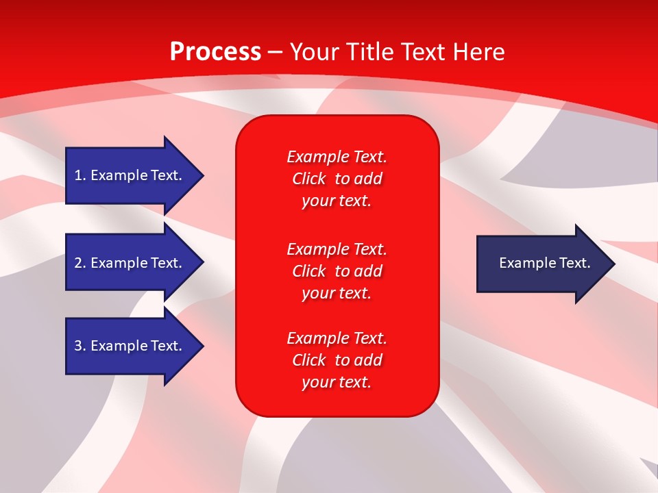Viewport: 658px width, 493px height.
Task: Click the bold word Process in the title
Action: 215,52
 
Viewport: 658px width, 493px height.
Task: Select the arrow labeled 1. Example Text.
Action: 128,175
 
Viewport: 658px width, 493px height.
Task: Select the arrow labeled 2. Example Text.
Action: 128,263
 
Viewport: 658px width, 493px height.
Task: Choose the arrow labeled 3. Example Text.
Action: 128,346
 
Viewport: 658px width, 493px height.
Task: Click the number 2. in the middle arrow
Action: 80,263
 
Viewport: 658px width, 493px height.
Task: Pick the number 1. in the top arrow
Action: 80,175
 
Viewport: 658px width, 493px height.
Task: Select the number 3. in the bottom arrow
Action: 80,346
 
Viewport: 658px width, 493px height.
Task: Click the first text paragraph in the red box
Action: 337,179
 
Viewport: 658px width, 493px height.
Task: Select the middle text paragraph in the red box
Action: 337,271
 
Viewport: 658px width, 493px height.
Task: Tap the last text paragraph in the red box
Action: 337,360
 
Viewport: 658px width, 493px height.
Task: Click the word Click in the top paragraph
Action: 309,179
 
